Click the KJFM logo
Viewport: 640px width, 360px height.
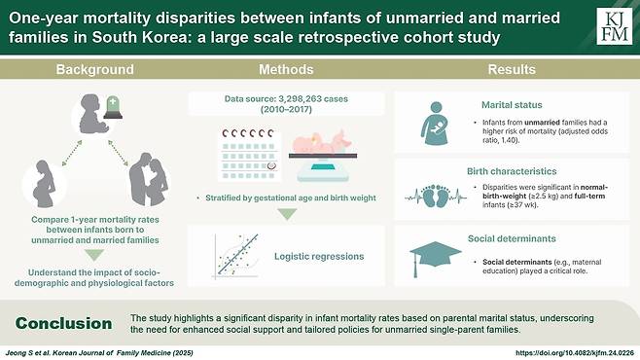pos(615,26)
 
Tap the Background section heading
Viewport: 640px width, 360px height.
pos(94,69)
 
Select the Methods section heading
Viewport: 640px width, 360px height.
pos(286,69)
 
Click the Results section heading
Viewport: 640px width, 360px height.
pos(512,69)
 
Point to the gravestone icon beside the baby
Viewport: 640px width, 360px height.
pos(113,108)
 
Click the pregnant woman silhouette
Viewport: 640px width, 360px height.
pos(44,184)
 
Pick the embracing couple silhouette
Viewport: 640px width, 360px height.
pos(149,180)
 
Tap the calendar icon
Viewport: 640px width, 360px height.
pos(249,155)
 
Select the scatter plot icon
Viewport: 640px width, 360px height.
pos(236,256)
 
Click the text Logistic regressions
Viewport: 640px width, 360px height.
pos(319,256)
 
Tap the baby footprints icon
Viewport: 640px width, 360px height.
pos(436,197)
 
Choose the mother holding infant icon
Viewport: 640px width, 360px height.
pos(435,124)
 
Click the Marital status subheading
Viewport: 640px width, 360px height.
pos(512,105)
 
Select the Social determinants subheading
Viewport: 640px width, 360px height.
pos(512,238)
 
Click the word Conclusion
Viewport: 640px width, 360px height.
pos(63,323)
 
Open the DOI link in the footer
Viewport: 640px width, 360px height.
pos(575,353)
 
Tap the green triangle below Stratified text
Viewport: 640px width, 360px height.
pos(287,214)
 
